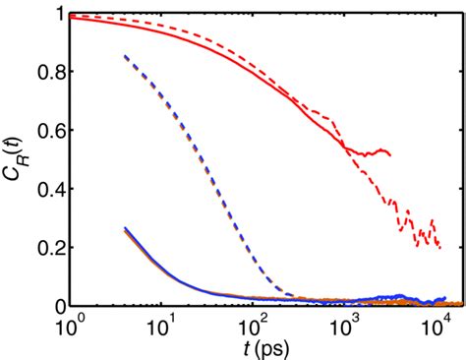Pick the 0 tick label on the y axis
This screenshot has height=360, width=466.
coord(57,306)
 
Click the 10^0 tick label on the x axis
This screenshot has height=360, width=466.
coord(71,325)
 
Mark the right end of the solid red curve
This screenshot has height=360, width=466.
coord(391,154)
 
